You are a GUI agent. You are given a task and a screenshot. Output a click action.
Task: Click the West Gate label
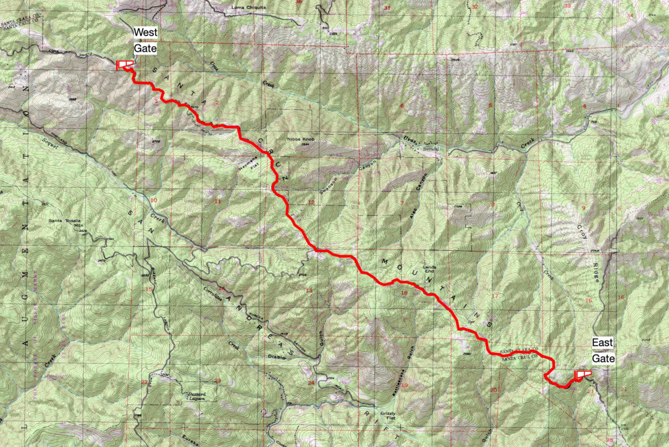point(145,41)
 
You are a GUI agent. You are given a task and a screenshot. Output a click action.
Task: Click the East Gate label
point(603,350)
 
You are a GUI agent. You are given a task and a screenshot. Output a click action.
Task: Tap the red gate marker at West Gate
point(125,65)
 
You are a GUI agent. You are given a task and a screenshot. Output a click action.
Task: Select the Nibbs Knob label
point(301,139)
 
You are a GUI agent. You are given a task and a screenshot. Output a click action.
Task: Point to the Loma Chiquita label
point(249,7)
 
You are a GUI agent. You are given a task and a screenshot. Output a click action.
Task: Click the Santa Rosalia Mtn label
point(65,223)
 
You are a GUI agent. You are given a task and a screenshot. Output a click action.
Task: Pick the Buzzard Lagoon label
point(197,396)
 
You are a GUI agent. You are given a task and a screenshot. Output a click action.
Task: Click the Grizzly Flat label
point(388,416)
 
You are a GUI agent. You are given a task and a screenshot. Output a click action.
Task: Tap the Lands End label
point(429,269)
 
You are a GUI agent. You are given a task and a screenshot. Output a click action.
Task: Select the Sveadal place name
point(431,148)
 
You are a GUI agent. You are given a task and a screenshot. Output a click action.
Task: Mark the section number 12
point(311,202)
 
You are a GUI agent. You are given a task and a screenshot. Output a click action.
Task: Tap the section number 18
point(404,293)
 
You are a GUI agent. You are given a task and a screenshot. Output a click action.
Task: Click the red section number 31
point(387,8)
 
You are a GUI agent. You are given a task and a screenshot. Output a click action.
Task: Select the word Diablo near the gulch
point(277,357)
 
